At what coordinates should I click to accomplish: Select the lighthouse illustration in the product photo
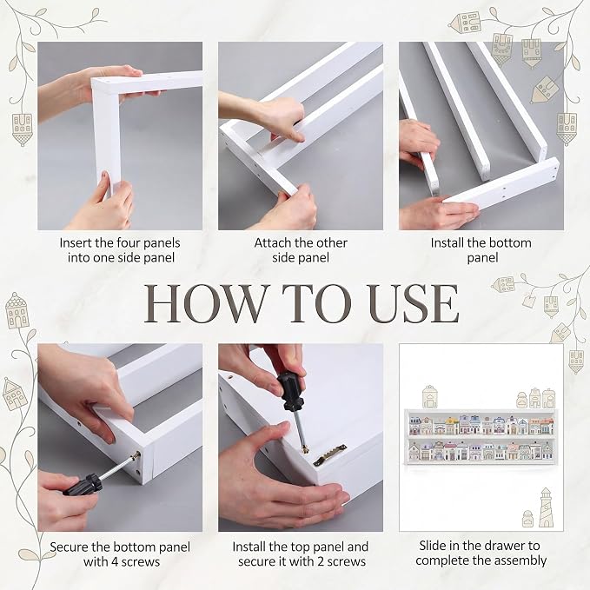coord(546,507)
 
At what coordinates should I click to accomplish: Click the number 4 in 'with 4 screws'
coord(112,562)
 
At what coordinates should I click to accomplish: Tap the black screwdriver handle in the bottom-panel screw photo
coord(83,484)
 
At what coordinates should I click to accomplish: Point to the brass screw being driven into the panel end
coord(135,458)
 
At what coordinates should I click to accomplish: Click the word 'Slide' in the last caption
coord(433,546)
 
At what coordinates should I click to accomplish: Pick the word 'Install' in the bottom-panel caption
coord(447,242)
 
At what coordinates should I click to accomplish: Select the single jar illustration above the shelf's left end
coord(429,396)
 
